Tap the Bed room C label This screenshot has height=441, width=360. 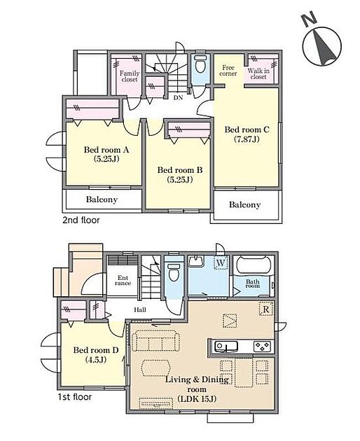click(247, 134)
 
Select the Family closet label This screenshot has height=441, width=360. click(130, 76)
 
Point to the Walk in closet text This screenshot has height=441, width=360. click(258, 73)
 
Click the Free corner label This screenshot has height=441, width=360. click(228, 71)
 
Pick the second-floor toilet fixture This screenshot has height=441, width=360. click(200, 64)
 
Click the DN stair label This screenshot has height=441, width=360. click(178, 97)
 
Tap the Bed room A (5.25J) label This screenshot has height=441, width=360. click(106, 154)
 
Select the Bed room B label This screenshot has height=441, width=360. click(179, 174)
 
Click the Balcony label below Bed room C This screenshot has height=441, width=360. click(244, 204)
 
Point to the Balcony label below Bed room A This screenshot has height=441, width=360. click(102, 199)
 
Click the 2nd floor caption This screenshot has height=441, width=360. click(81, 220)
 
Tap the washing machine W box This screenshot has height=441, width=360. click(221, 263)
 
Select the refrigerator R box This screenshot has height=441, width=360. click(266, 309)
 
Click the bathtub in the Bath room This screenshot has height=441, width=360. click(254, 265)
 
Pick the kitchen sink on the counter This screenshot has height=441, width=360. click(226, 346)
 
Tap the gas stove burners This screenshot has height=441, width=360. click(262, 346)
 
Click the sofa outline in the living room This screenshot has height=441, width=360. click(155, 340)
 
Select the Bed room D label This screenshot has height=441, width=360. click(96, 355)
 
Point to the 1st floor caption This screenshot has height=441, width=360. click(74, 397)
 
